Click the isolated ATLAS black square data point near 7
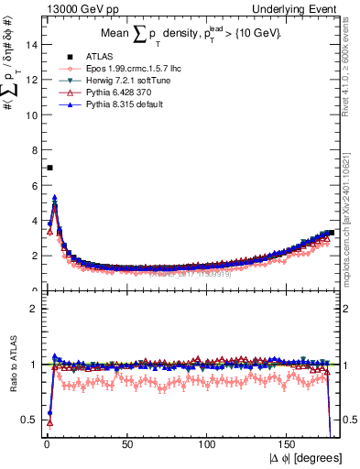(49, 168)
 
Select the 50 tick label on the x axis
(126, 444)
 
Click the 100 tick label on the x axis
(208, 444)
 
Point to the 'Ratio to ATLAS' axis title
(12, 364)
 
